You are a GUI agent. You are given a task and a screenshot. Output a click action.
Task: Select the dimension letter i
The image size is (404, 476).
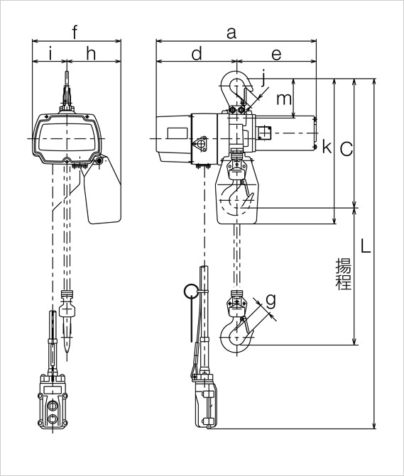[x=50, y=53]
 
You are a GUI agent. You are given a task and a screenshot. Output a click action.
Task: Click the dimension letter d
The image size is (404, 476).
[x=197, y=53]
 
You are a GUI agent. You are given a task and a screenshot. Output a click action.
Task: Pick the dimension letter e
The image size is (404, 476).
[x=276, y=53]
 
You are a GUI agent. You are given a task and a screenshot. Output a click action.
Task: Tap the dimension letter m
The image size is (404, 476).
[x=283, y=99]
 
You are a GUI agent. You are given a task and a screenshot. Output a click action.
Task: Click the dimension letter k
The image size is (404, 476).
[x=326, y=147]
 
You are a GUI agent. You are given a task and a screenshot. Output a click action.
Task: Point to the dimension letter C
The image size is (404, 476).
[x=345, y=148]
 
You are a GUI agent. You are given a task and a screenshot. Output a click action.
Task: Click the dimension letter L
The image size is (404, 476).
[x=364, y=247]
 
